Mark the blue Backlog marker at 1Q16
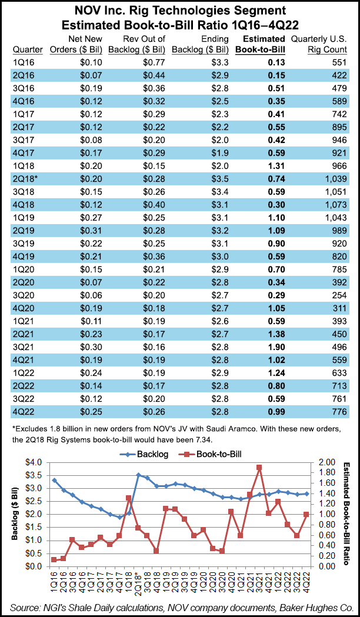point(55,480)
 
